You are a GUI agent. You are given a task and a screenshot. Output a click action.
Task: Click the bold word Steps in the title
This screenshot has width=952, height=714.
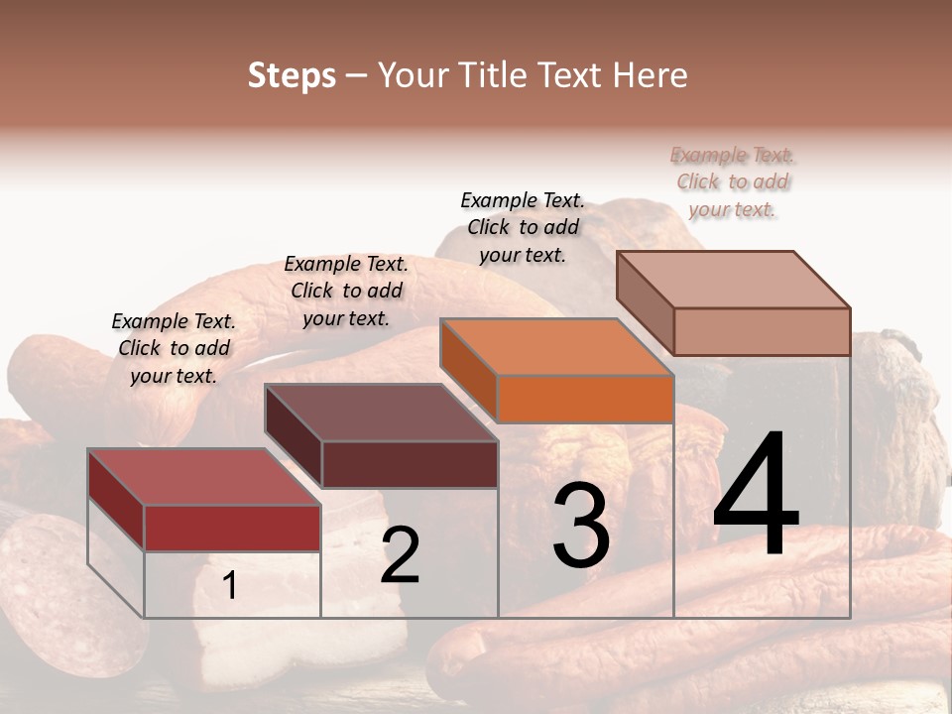pyautogui.click(x=292, y=76)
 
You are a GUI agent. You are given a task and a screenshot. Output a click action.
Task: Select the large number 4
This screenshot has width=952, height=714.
pyautogui.click(x=757, y=496)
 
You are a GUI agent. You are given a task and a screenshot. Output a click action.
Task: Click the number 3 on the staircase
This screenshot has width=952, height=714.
pyautogui.click(x=581, y=526)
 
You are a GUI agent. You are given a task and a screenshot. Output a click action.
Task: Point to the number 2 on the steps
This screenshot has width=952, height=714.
pyautogui.click(x=400, y=554)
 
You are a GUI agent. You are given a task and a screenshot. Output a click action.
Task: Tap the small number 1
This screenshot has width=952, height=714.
pyautogui.click(x=230, y=585)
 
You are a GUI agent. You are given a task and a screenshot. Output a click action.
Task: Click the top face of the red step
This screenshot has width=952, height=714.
pyautogui.click(x=203, y=477)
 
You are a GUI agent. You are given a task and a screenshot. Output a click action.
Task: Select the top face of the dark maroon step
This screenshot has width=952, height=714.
pyautogui.click(x=381, y=413)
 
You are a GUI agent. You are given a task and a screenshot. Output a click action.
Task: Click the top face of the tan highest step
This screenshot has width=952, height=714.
pyautogui.click(x=734, y=280)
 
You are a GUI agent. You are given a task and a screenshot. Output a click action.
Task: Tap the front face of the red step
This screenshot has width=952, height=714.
pyautogui.click(x=232, y=528)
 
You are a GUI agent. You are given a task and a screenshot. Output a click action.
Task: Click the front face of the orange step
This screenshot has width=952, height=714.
pyautogui.click(x=585, y=399)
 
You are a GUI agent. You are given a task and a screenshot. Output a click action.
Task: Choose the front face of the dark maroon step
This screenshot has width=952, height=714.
pyautogui.click(x=410, y=464)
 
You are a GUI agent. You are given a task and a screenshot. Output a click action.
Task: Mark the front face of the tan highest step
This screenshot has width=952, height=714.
pyautogui.click(x=762, y=331)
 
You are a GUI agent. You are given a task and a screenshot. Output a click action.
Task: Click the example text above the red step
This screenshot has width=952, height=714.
pyautogui.click(x=174, y=348)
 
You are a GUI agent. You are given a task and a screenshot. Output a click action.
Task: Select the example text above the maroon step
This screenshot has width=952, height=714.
pyautogui.click(x=346, y=291)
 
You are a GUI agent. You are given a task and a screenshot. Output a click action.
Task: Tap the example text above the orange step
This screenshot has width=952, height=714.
pyautogui.click(x=523, y=227)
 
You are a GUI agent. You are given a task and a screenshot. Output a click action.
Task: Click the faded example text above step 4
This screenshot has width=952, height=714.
pyautogui.click(x=732, y=181)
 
